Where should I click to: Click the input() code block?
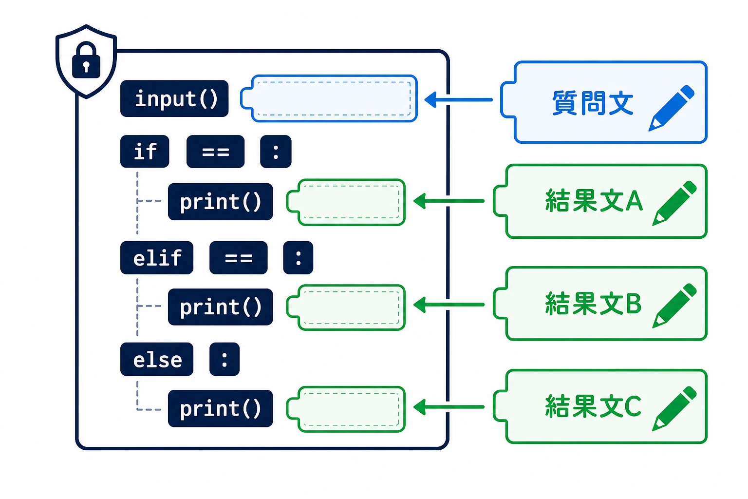pos(174,98)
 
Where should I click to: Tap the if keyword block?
pos(145,152)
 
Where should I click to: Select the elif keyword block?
pos(157,258)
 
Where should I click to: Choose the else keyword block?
pos(157,359)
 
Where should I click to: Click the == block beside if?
pos(215,152)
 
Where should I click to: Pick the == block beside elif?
pos(239,258)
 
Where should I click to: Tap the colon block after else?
pos(224,359)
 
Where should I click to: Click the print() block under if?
pos(221,202)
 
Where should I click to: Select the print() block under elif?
pos(221,307)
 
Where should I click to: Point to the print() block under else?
pos(221,408)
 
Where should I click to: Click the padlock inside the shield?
pos(86,60)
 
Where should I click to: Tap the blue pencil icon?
pos(671,108)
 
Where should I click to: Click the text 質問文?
pos(593,103)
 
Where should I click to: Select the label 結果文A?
pos(594,201)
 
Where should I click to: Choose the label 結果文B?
pos(594,304)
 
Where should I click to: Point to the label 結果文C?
pos(594,406)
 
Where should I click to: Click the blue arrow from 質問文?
pos(458,99)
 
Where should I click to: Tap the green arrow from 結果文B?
pos(449,305)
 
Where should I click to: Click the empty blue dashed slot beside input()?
pos(329,98)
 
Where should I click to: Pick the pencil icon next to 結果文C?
pos(674,408)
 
